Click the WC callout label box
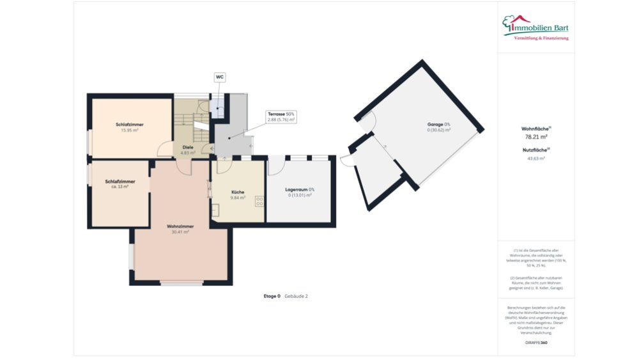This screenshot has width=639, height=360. tap(219, 77)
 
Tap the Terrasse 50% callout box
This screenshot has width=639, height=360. tap(281, 116)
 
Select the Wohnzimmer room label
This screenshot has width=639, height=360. tap(180, 226)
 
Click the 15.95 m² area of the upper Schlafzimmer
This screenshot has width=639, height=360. tap(130, 130)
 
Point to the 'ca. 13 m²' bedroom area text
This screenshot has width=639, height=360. tap(120, 187)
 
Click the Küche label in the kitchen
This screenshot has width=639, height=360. tap(238, 192)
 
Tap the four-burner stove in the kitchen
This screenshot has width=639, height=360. tap(260, 201)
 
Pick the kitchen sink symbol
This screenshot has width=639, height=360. tap(215, 209)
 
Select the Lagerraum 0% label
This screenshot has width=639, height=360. tap(300, 189)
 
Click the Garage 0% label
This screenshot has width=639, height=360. tap(439, 124)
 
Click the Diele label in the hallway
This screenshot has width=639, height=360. tap(188, 147)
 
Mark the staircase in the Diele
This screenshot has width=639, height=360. tap(185, 121)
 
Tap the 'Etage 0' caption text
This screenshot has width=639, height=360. tap(272, 296)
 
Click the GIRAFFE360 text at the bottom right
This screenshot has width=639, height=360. tap(535, 343)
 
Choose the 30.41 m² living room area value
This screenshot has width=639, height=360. tap(180, 232)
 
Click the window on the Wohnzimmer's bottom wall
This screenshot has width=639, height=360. tap(181, 282)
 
